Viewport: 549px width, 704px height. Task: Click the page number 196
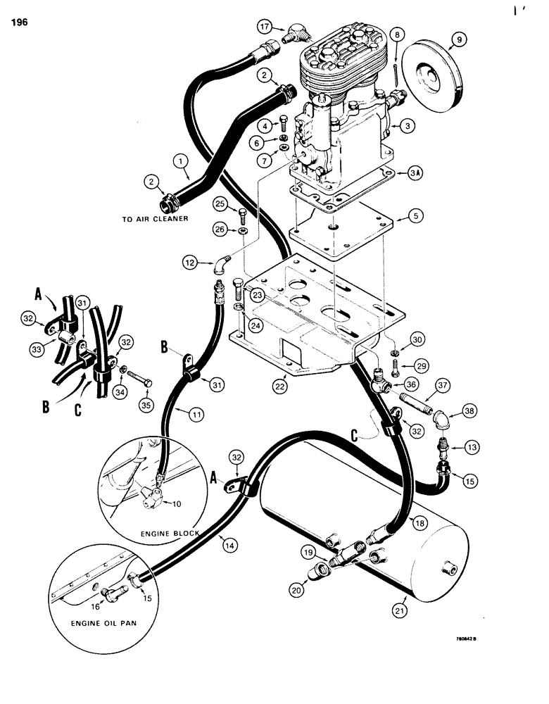pos(19,23)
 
